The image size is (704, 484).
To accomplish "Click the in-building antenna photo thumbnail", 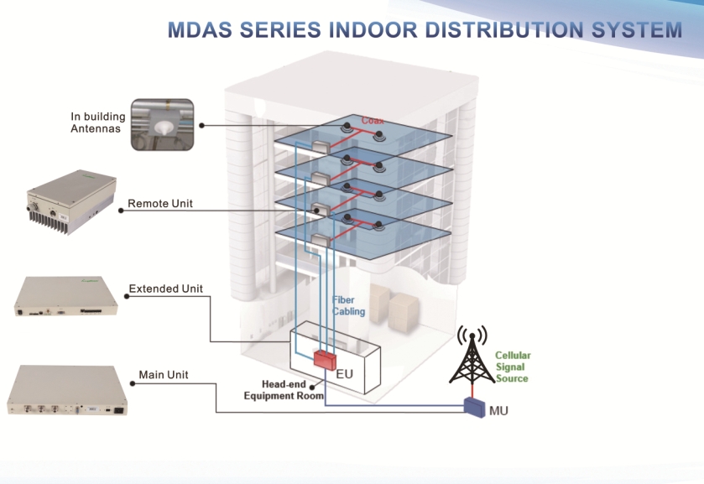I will pos(163,124).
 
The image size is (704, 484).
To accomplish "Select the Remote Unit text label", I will pos(160,204).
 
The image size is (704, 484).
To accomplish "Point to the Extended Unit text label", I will pos(165,289).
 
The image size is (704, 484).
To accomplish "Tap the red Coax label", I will pos(373,121).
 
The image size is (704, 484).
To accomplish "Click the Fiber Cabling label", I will pos(348,305).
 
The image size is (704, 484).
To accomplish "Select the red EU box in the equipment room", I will pos(324,359).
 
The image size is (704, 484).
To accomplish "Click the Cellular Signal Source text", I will pos(512,367).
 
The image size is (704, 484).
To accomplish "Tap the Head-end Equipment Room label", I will pos(284,390).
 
